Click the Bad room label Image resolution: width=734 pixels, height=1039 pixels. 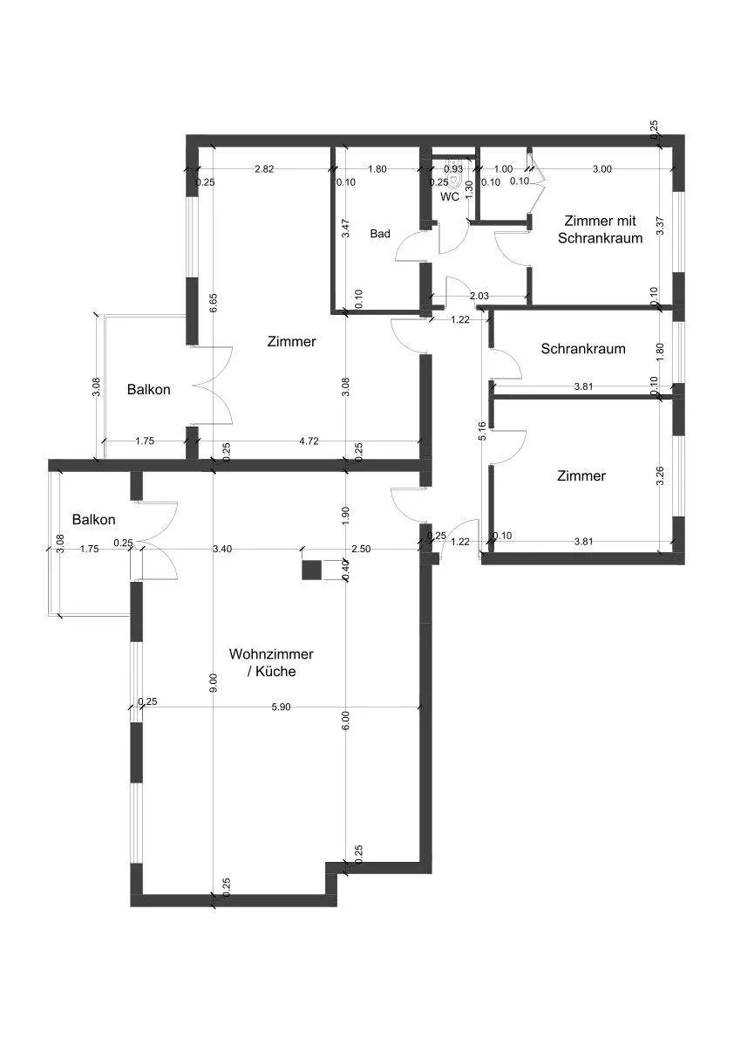click(x=380, y=233)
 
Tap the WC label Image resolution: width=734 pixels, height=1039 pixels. click(x=450, y=197)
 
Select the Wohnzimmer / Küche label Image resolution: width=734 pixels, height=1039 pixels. click(x=271, y=663)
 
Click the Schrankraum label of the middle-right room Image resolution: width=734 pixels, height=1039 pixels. click(x=583, y=349)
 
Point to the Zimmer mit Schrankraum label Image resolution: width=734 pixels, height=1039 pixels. click(x=601, y=229)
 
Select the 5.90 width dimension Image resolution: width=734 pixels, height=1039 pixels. click(x=282, y=707)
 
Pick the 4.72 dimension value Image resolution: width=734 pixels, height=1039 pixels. click(x=309, y=441)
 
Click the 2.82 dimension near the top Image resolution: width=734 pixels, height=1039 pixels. click(x=264, y=169)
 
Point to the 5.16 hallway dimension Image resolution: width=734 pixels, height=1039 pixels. click(x=482, y=431)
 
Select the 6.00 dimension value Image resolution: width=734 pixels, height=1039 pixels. click(x=345, y=721)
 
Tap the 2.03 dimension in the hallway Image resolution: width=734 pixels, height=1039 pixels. click(x=479, y=296)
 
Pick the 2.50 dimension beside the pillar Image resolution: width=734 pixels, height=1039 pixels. click(x=361, y=549)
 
